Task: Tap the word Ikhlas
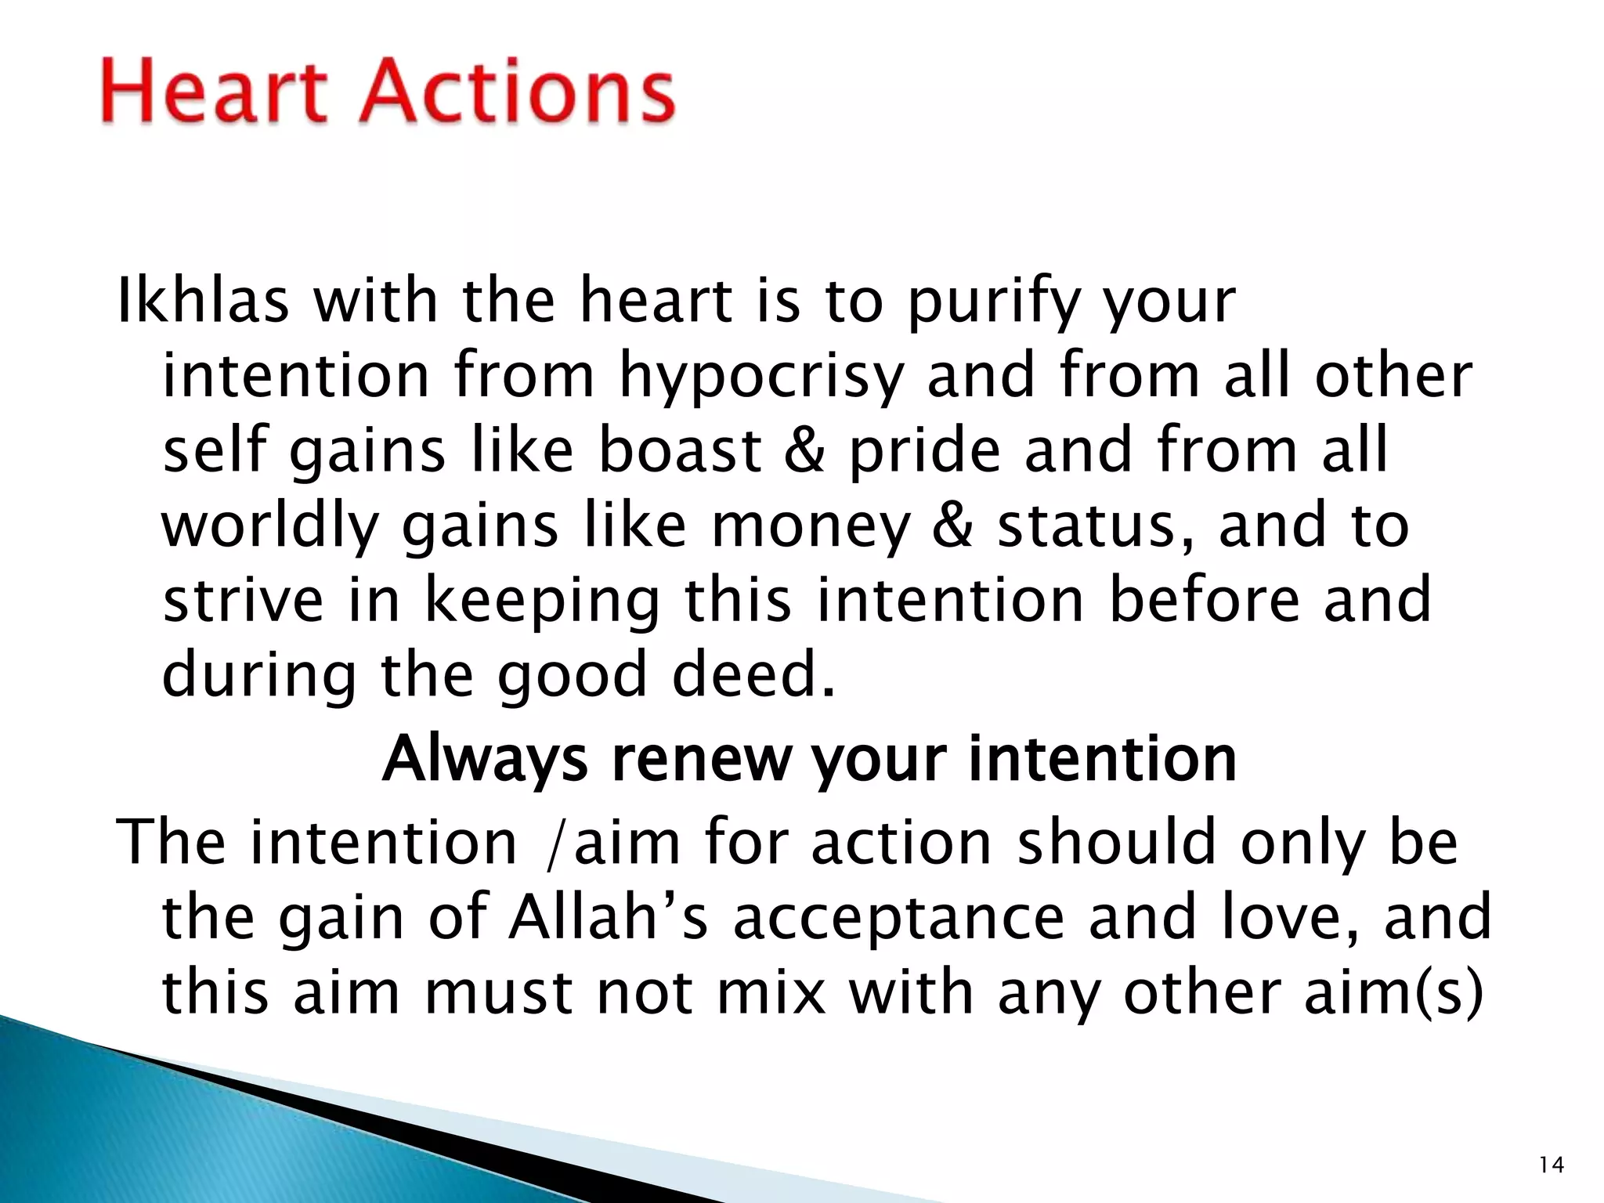(x=202, y=302)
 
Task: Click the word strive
(x=243, y=600)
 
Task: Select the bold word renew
(x=702, y=760)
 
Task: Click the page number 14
(x=1551, y=1165)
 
